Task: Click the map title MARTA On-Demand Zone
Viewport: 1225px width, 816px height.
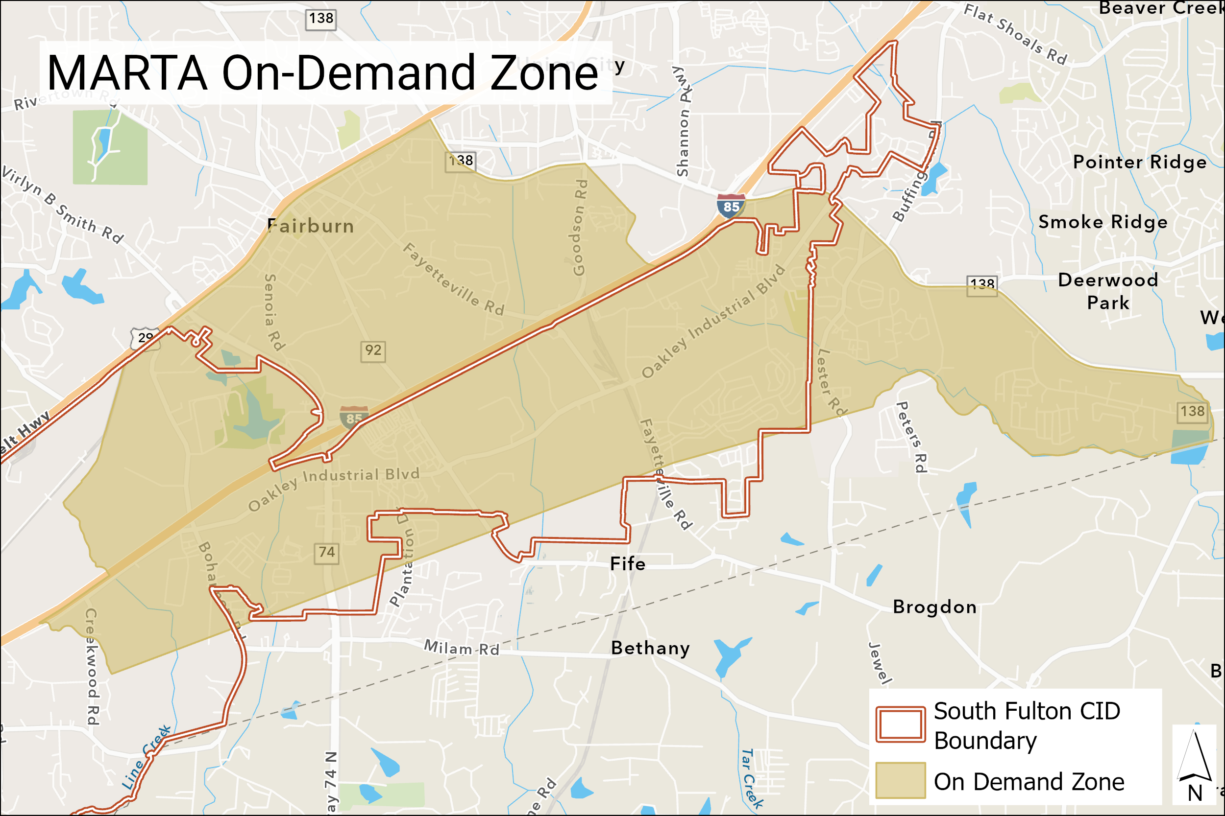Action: tap(323, 73)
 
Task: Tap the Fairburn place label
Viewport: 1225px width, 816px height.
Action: tap(311, 226)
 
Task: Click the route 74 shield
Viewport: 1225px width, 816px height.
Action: tap(326, 553)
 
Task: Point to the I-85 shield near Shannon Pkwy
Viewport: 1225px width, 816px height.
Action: tap(731, 206)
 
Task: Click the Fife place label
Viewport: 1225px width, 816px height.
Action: tap(628, 563)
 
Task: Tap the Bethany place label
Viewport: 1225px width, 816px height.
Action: tap(650, 648)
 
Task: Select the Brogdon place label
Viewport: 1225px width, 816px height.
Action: tap(934, 607)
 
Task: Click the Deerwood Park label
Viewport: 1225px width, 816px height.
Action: tap(1108, 291)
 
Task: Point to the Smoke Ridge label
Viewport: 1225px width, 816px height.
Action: tap(1102, 222)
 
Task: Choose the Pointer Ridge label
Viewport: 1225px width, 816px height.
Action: tap(1140, 162)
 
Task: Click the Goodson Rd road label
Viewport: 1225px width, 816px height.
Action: tap(580, 228)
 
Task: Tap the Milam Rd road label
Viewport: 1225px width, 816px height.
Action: tap(462, 648)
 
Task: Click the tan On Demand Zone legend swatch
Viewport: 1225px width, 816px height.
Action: tap(900, 780)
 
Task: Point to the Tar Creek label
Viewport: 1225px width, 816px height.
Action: tap(752, 777)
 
